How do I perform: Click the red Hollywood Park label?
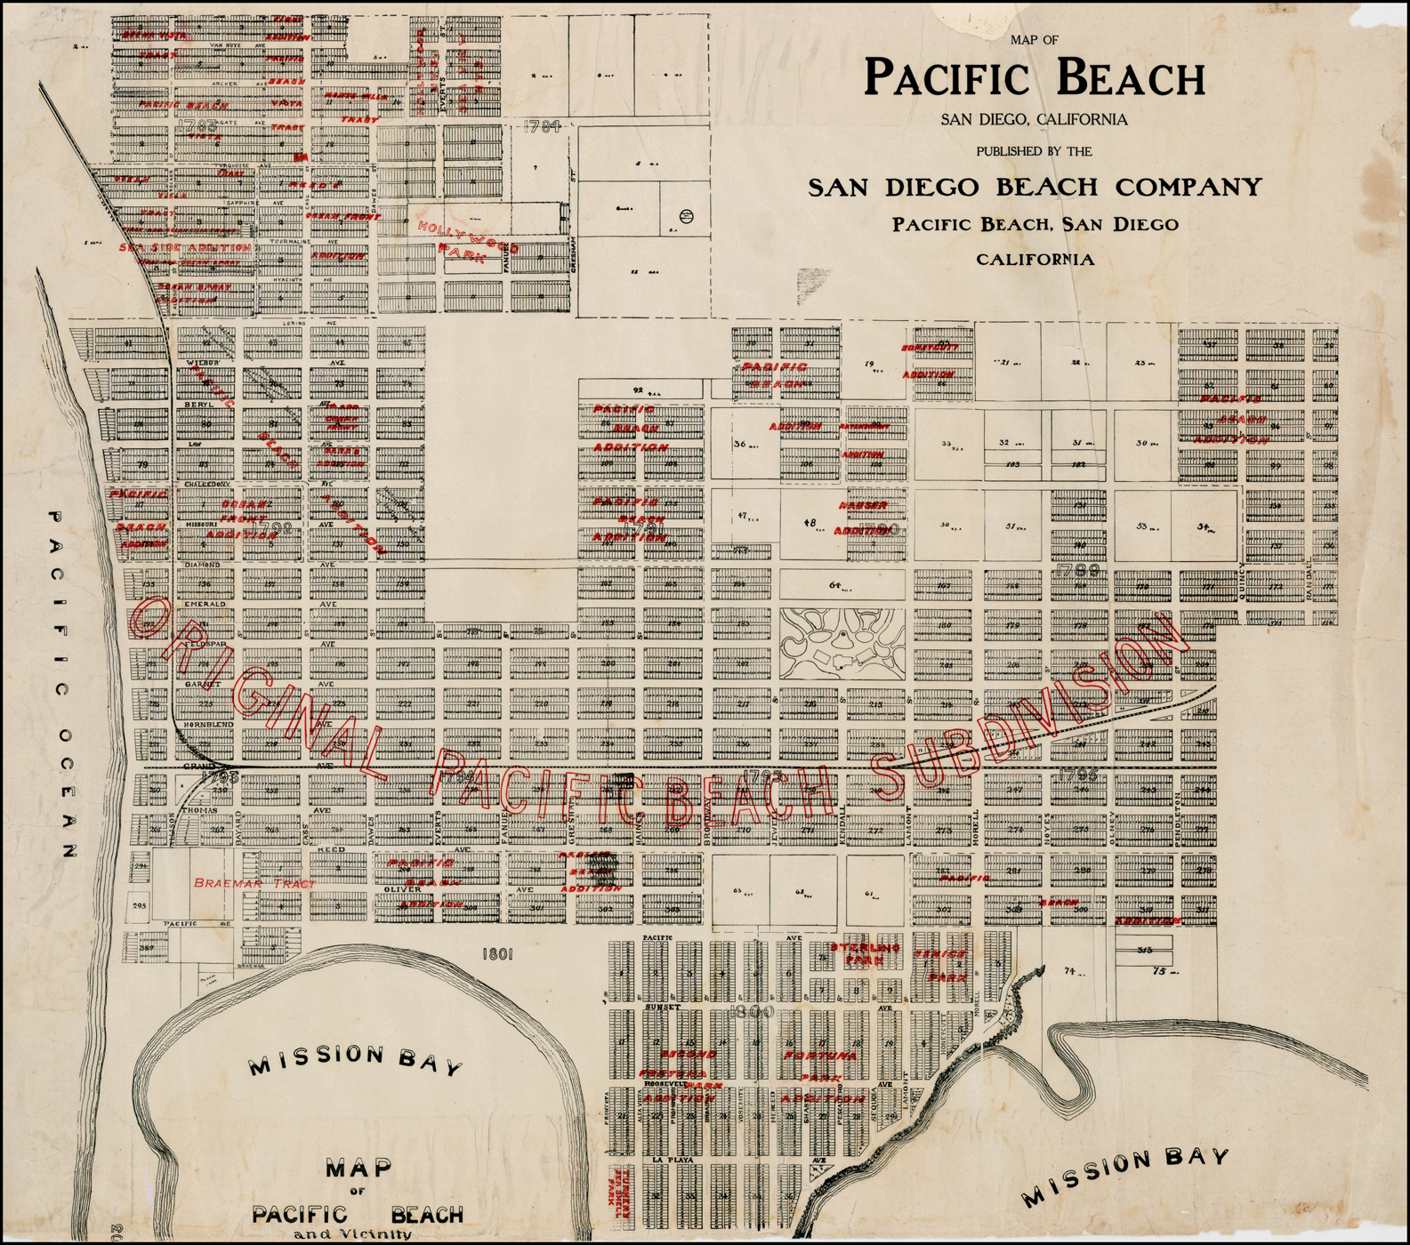(463, 239)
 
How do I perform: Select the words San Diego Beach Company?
(1035, 187)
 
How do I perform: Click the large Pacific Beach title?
(1035, 77)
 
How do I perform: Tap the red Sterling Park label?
(859, 954)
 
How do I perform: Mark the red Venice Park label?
(940, 965)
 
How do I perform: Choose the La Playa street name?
(672, 1161)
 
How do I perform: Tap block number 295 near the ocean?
(138, 906)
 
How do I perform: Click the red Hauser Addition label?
(861, 518)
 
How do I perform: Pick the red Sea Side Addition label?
(184, 247)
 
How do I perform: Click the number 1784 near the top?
(542, 126)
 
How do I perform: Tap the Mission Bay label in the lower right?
(1125, 1177)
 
